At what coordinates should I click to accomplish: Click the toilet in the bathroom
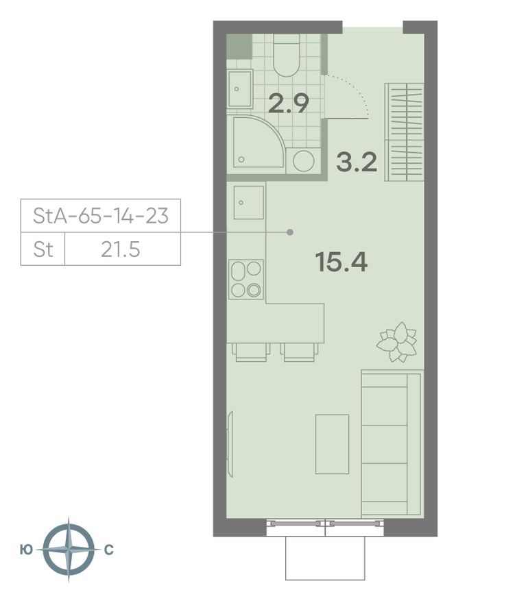287,56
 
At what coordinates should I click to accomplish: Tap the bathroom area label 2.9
288,103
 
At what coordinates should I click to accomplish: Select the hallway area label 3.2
357,162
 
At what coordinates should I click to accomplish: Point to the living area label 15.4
341,261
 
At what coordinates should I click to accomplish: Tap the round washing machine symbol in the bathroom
303,162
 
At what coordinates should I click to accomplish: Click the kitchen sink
248,202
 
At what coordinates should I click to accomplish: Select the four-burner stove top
246,280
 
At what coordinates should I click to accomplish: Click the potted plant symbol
397,341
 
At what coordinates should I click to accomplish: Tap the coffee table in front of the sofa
332,443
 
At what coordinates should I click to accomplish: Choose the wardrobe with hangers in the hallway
405,132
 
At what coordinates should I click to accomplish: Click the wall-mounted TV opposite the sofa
230,444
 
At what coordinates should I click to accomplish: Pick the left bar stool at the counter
252,352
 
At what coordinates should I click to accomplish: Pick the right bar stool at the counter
300,352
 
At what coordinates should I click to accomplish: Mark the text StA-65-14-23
101,217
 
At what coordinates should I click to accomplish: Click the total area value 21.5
121,249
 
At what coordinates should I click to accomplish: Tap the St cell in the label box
43,249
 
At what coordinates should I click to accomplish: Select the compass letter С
109,550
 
